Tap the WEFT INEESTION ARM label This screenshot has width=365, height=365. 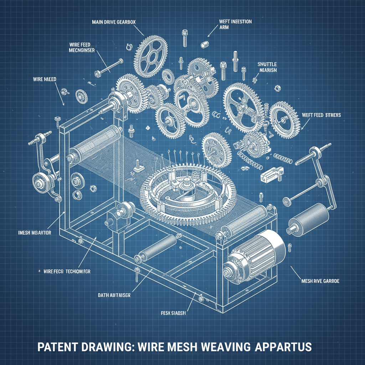[235, 24]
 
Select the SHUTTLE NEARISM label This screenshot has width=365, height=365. [267, 67]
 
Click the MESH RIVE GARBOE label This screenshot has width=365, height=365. [320, 281]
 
